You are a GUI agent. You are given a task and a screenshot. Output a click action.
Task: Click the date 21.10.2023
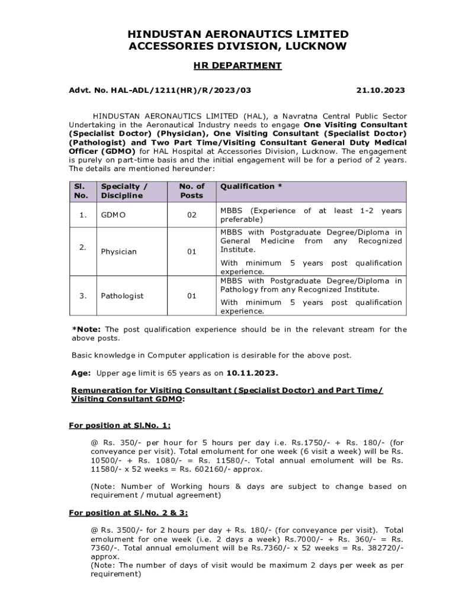(x=380, y=90)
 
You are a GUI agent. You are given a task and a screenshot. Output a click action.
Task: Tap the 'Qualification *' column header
(x=251, y=186)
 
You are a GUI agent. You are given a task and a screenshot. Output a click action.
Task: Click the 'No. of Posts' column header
(x=191, y=191)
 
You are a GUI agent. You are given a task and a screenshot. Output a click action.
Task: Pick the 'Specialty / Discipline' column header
(x=124, y=191)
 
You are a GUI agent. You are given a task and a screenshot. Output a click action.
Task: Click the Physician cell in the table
(x=118, y=252)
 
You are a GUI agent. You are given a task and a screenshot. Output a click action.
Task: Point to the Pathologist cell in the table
(x=122, y=295)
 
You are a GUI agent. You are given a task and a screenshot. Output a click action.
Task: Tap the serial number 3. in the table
(x=82, y=295)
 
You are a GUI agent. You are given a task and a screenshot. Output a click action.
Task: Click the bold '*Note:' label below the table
(x=86, y=329)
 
